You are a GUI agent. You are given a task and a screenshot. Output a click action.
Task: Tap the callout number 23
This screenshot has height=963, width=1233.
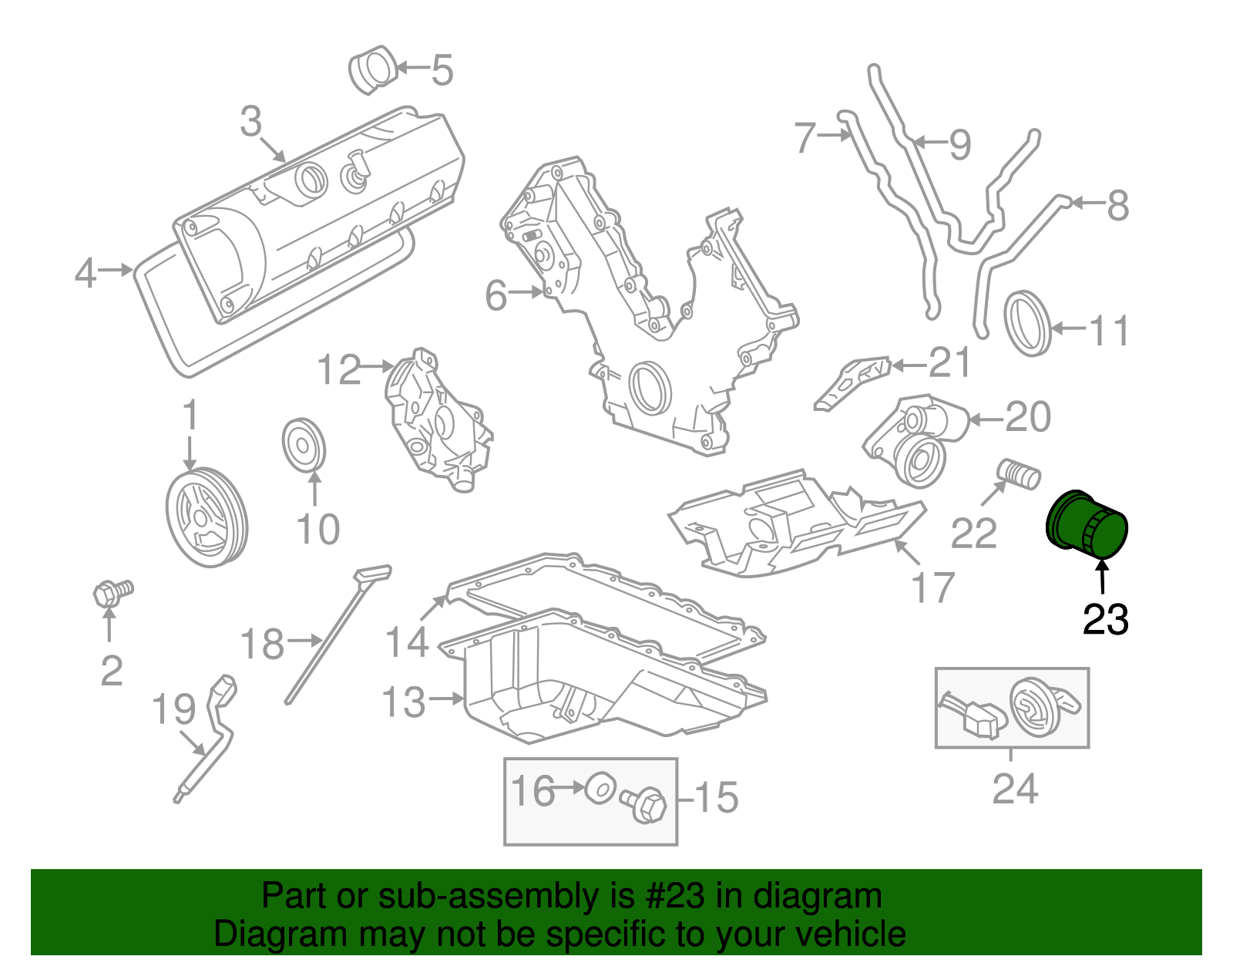coord(1105,619)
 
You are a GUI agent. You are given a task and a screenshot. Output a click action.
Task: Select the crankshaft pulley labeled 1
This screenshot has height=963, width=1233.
coord(207,517)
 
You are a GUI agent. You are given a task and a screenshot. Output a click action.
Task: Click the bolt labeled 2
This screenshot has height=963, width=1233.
coord(111,593)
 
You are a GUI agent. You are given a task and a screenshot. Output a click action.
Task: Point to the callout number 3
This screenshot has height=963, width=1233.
coord(251,122)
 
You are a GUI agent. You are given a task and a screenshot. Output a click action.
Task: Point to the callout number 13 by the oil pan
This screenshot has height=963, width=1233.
coord(404,702)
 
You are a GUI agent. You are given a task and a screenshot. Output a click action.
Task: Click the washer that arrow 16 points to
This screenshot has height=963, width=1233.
coord(600,788)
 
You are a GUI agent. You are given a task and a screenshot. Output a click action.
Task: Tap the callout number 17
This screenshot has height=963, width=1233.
coord(933,588)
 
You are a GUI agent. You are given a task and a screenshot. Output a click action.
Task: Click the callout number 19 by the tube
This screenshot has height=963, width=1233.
coord(173,708)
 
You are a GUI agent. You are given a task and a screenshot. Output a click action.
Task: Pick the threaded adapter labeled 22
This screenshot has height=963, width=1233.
coord(1019,473)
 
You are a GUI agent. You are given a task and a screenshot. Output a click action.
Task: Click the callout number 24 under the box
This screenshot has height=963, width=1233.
coord(1015,788)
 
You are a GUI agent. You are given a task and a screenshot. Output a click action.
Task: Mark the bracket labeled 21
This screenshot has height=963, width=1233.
coord(851,381)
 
